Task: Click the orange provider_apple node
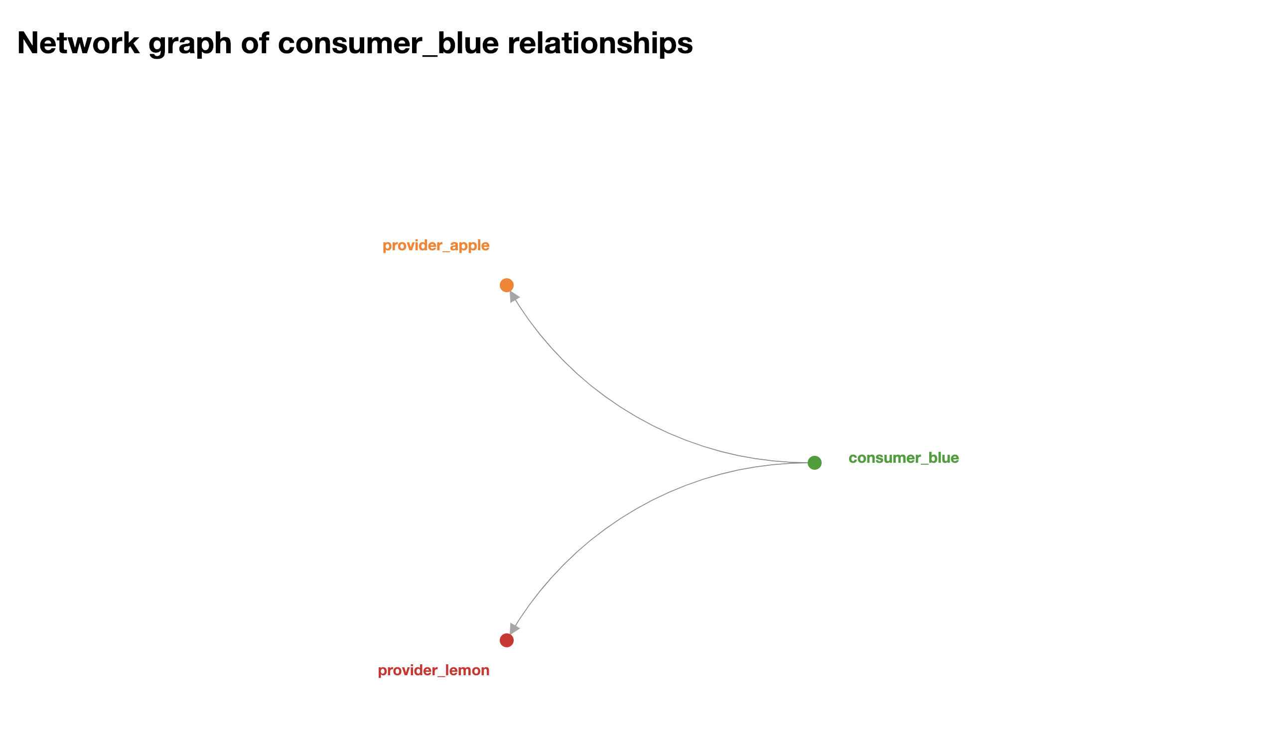pyautogui.click(x=506, y=286)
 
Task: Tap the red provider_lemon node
pyautogui.click(x=506, y=640)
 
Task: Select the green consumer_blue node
pyautogui.click(x=814, y=463)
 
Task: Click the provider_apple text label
pyautogui.click(x=435, y=245)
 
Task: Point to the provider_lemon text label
pyautogui.click(x=433, y=670)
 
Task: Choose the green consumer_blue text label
pyautogui.click(x=903, y=458)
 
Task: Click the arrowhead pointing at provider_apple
pyautogui.click(x=514, y=297)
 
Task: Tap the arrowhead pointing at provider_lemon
pyautogui.click(x=514, y=628)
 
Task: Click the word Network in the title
pyautogui.click(x=78, y=43)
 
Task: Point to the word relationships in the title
pyautogui.click(x=600, y=43)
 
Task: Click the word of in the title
pyautogui.click(x=255, y=43)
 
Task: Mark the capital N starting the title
pyautogui.click(x=29, y=43)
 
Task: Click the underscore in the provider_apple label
pyautogui.click(x=444, y=250)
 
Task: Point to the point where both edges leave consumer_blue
pyautogui.click(x=806, y=463)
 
